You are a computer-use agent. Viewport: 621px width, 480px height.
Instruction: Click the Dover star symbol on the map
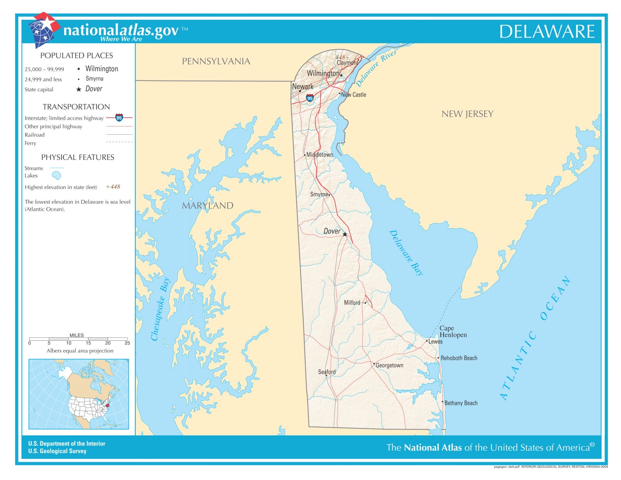pyautogui.click(x=345, y=234)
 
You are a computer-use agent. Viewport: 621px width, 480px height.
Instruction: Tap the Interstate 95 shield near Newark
pyautogui.click(x=310, y=98)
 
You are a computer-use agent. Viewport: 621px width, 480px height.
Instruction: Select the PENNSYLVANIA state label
pyautogui.click(x=216, y=61)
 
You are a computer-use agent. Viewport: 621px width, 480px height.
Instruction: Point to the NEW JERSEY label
pyautogui.click(x=467, y=114)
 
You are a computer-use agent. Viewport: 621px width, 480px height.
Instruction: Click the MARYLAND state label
pyautogui.click(x=207, y=205)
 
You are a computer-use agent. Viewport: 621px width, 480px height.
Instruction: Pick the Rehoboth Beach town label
pyautogui.click(x=459, y=358)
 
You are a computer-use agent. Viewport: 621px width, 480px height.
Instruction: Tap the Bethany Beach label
pyautogui.click(x=461, y=403)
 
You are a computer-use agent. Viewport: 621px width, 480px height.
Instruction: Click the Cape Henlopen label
pyautogui.click(x=453, y=332)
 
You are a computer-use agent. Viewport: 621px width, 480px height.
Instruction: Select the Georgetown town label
pyautogui.click(x=389, y=365)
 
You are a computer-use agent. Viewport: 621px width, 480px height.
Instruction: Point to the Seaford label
pyautogui.click(x=327, y=372)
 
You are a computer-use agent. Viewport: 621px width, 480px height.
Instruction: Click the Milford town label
pyautogui.click(x=352, y=303)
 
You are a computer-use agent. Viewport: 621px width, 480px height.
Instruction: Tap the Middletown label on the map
pyautogui.click(x=319, y=155)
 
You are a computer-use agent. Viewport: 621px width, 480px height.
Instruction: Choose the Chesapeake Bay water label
pyautogui.click(x=160, y=309)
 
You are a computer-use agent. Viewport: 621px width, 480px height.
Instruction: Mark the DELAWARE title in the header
pyautogui.click(x=547, y=32)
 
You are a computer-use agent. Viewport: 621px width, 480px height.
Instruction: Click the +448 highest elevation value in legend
pyautogui.click(x=113, y=187)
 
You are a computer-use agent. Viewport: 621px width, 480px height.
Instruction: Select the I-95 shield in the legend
pyautogui.click(x=119, y=118)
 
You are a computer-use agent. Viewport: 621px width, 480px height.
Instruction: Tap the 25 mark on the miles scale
pyautogui.click(x=127, y=343)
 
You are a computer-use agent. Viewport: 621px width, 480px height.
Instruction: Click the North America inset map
pyautogui.click(x=79, y=394)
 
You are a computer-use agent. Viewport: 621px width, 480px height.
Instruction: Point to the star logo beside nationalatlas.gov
pyautogui.click(x=44, y=30)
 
